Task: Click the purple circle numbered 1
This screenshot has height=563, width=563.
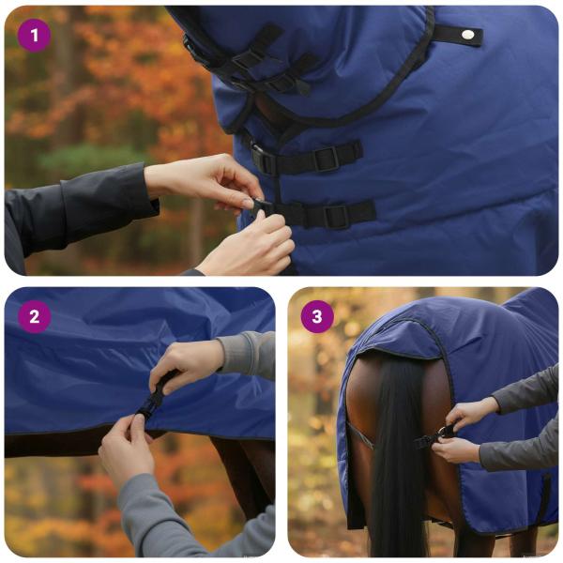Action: point(35,36)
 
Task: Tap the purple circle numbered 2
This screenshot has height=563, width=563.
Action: point(35,316)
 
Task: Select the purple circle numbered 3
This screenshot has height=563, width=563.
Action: point(317,316)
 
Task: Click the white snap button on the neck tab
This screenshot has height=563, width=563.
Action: point(466,35)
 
